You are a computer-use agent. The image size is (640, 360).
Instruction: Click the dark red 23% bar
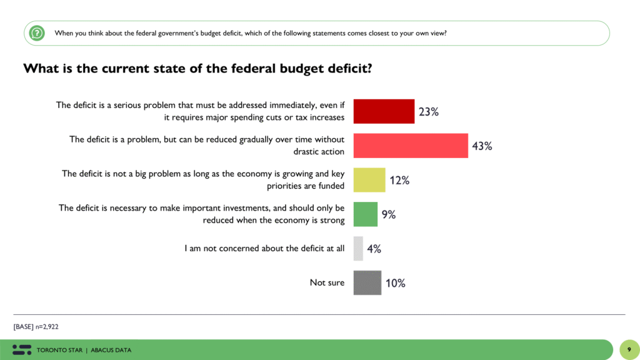click(x=384, y=111)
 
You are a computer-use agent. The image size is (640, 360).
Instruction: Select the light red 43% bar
click(x=411, y=146)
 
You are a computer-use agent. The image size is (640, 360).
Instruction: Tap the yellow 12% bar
click(x=369, y=180)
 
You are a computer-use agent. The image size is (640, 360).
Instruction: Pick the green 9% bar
click(x=366, y=214)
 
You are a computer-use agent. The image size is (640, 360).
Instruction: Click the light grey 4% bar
click(x=358, y=248)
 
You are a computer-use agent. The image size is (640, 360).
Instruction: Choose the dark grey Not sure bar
click(x=367, y=282)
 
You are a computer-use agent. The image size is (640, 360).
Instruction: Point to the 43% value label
click(x=482, y=146)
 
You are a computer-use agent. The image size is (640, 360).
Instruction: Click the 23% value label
click(x=429, y=112)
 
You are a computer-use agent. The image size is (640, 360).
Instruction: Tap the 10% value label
click(x=395, y=283)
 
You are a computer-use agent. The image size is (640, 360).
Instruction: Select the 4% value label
click(x=374, y=249)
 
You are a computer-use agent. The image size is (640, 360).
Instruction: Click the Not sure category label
click(x=327, y=282)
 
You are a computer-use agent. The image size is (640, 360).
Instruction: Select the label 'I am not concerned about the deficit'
click(x=264, y=248)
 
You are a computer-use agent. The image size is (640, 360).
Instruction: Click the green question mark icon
click(x=37, y=32)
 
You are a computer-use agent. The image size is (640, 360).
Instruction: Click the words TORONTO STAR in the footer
click(x=59, y=350)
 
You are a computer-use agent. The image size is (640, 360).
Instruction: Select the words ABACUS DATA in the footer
click(x=111, y=350)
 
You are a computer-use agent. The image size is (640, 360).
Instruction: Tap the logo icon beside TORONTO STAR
click(x=21, y=349)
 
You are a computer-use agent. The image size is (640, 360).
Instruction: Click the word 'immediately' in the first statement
click(x=289, y=105)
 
